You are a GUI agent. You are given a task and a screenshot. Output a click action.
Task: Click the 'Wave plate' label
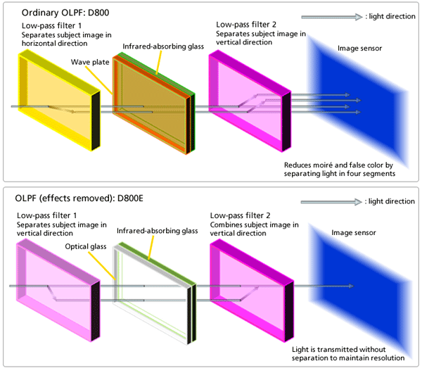click(89, 63)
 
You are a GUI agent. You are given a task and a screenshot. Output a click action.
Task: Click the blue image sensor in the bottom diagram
click(359, 288)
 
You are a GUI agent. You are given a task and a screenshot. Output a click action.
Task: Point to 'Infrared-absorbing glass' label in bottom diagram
click(156, 230)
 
